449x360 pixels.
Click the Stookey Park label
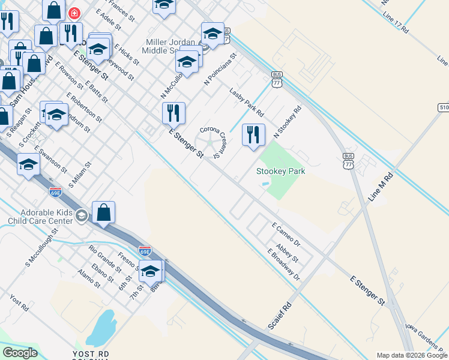(281, 172)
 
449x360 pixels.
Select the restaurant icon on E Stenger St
(173, 113)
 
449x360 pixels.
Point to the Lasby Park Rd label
(247, 101)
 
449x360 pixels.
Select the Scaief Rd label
(280, 315)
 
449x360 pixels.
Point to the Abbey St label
(287, 252)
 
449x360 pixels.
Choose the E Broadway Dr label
(283, 264)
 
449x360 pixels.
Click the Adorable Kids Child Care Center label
(38, 217)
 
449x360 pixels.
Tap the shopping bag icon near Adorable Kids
(104, 212)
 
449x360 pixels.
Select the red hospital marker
(74, 13)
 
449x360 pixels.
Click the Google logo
(20, 353)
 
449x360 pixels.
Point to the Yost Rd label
(19, 302)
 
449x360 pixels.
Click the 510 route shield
(444, 107)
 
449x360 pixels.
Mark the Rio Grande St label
(105, 255)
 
